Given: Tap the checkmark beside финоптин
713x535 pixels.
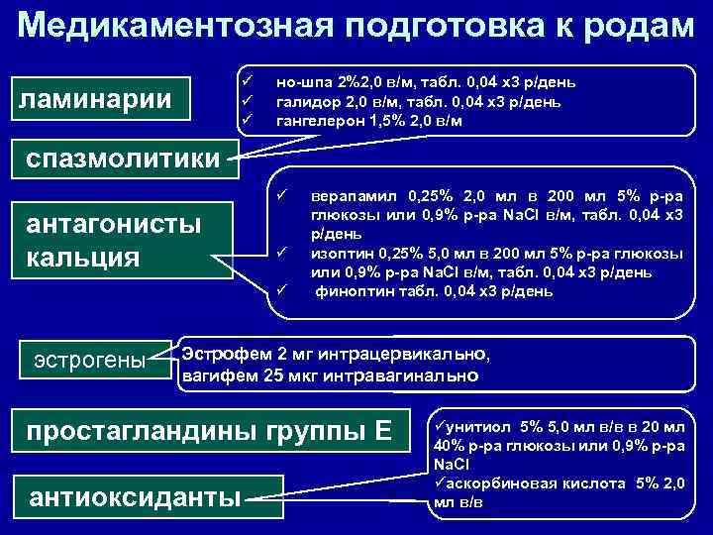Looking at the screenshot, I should click(281, 291).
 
